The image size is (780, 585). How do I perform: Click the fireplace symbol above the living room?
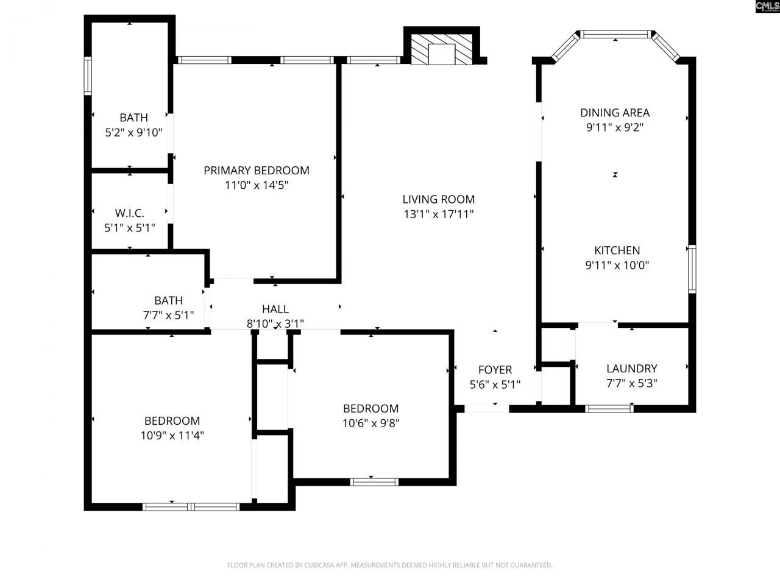tap(441, 49)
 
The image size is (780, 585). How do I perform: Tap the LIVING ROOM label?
tap(438, 199)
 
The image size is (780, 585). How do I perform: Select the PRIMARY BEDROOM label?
tap(256, 171)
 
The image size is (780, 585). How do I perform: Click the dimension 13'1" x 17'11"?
tap(438, 214)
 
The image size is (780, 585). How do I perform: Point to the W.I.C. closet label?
tap(129, 213)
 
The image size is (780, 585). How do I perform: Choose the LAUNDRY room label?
tap(631, 369)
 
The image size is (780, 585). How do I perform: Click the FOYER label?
tap(495, 370)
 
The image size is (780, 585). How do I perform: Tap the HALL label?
tap(275, 310)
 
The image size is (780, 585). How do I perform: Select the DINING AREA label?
tap(614, 113)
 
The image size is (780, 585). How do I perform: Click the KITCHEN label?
tap(617, 250)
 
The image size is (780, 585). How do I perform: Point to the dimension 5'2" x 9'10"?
tap(133, 132)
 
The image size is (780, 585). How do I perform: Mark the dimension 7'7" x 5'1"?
tap(168, 316)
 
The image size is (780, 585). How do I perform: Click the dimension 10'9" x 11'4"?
tap(172, 436)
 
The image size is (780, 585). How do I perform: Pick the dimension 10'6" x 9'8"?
tap(370, 424)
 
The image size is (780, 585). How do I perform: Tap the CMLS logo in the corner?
tap(767, 7)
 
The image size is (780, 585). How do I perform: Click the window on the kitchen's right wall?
tap(692, 269)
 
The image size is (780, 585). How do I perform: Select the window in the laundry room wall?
tap(609, 408)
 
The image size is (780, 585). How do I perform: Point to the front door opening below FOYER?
tap(487, 408)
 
